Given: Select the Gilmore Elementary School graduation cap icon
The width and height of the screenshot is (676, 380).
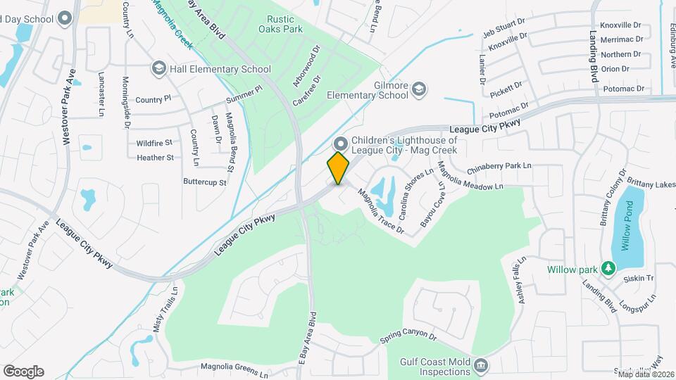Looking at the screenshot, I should pos(419,89).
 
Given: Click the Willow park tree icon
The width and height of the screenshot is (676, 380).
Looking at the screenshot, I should pos(608,269).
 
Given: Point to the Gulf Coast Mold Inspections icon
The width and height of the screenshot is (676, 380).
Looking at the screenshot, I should pos(481,365).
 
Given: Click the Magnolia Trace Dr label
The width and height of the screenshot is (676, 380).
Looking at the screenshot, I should pos(380,211).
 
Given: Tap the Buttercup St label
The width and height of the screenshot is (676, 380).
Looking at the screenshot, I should pos(204,182).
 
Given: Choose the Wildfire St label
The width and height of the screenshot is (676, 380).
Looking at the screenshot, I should pos(154,143).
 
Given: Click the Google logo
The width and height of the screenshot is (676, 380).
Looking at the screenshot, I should pos(23,372).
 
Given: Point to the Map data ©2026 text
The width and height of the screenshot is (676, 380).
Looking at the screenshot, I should pos(644,373).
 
